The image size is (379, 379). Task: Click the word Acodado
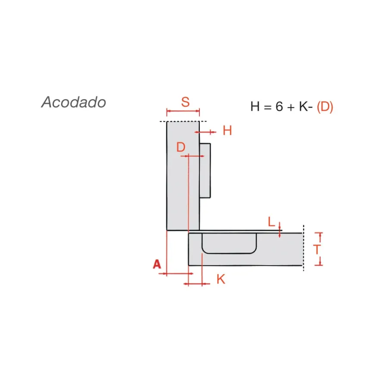pyautogui.click(x=74, y=102)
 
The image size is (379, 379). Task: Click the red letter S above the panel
pyautogui.click(x=185, y=102)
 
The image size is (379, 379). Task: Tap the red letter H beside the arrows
pyautogui.click(x=227, y=130)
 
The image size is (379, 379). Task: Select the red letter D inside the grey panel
pyautogui.click(x=181, y=147)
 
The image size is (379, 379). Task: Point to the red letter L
pyautogui.click(x=271, y=221)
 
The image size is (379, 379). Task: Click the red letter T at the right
pyautogui.click(x=317, y=249)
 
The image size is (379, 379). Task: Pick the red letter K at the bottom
pyautogui.click(x=221, y=279)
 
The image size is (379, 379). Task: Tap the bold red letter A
pyautogui.click(x=157, y=264)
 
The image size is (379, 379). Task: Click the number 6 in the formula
pyautogui.click(x=279, y=106)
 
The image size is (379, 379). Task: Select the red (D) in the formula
pyautogui.click(x=325, y=107)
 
